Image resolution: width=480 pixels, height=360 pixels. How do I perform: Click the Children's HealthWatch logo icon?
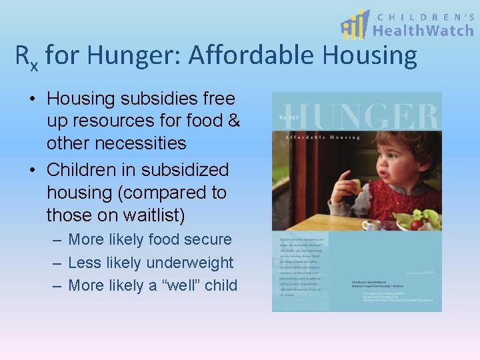pyautogui.click(x=354, y=25)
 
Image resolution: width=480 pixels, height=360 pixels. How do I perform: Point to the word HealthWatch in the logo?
pyautogui.click(x=423, y=30)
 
